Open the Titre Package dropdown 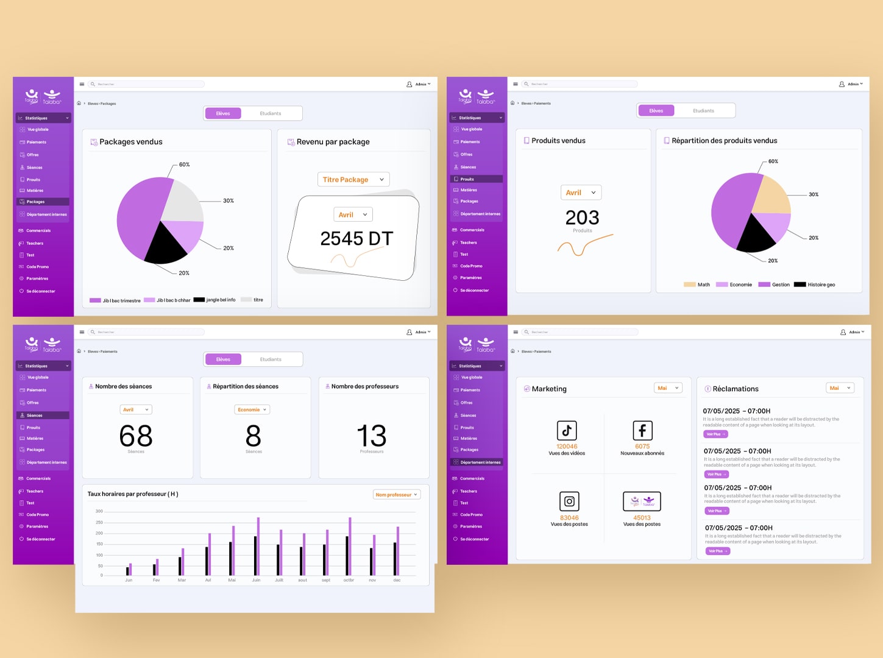pos(353,180)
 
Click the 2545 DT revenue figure pos(356,238)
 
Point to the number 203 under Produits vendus pos(582,218)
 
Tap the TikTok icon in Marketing pos(567,431)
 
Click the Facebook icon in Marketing pos(642,431)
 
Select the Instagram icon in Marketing pos(569,501)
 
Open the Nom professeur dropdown pos(396,495)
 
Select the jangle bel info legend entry pos(220,300)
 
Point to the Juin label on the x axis pos(256,580)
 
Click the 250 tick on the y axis pos(99,522)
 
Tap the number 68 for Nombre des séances pos(136,436)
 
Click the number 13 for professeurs pos(371,436)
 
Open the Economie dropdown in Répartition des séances pos(252,409)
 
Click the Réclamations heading pos(736,389)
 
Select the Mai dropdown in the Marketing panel pos(668,388)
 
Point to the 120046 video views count pos(567,447)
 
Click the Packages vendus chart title pos(131,142)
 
